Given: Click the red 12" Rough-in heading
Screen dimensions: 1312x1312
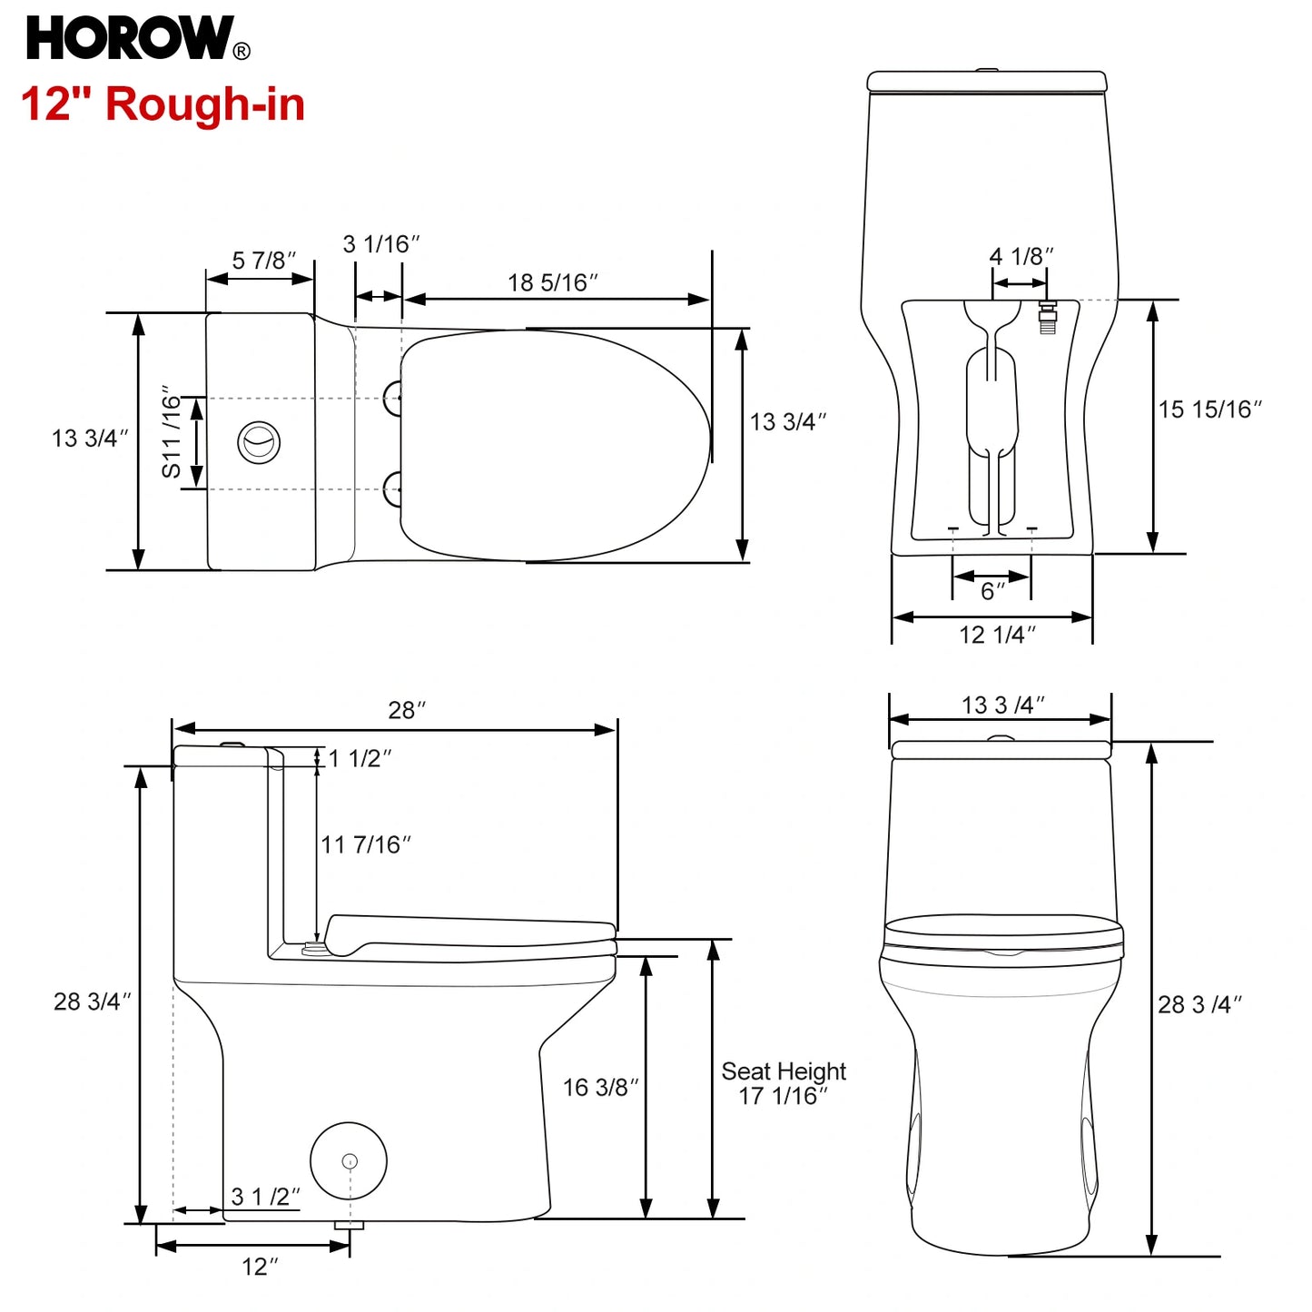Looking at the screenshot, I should (x=163, y=104).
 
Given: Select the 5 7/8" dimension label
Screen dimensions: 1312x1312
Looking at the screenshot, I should (x=263, y=261).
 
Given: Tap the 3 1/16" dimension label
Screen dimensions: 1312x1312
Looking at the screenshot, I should (x=381, y=244).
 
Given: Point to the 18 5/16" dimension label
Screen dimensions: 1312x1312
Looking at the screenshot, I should (x=552, y=283).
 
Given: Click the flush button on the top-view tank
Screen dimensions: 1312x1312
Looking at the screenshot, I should (x=259, y=442).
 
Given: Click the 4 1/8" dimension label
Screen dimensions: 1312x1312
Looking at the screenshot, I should (x=1021, y=257).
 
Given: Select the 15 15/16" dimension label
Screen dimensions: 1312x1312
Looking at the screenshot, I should (x=1209, y=409).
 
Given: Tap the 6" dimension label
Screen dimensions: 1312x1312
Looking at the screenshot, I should (x=992, y=592).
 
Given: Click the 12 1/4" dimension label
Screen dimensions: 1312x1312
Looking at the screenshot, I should (x=997, y=635).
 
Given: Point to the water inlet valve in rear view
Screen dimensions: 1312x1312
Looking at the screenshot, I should (x=1047, y=317).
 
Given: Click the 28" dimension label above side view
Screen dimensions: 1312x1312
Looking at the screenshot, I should (x=407, y=710).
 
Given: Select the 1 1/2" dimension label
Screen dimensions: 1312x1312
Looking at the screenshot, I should (x=360, y=758).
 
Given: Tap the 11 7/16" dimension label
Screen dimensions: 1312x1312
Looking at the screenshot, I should (x=365, y=845).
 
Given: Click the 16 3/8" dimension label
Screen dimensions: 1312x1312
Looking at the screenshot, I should (x=600, y=1088).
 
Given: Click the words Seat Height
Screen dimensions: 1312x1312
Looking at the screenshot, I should (x=784, y=1071).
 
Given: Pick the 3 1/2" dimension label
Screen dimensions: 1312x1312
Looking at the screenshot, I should (x=265, y=1197).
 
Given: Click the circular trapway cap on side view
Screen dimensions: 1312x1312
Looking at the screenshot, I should (x=349, y=1160).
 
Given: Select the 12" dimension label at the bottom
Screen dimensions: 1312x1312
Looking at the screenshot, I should (x=260, y=1267).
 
